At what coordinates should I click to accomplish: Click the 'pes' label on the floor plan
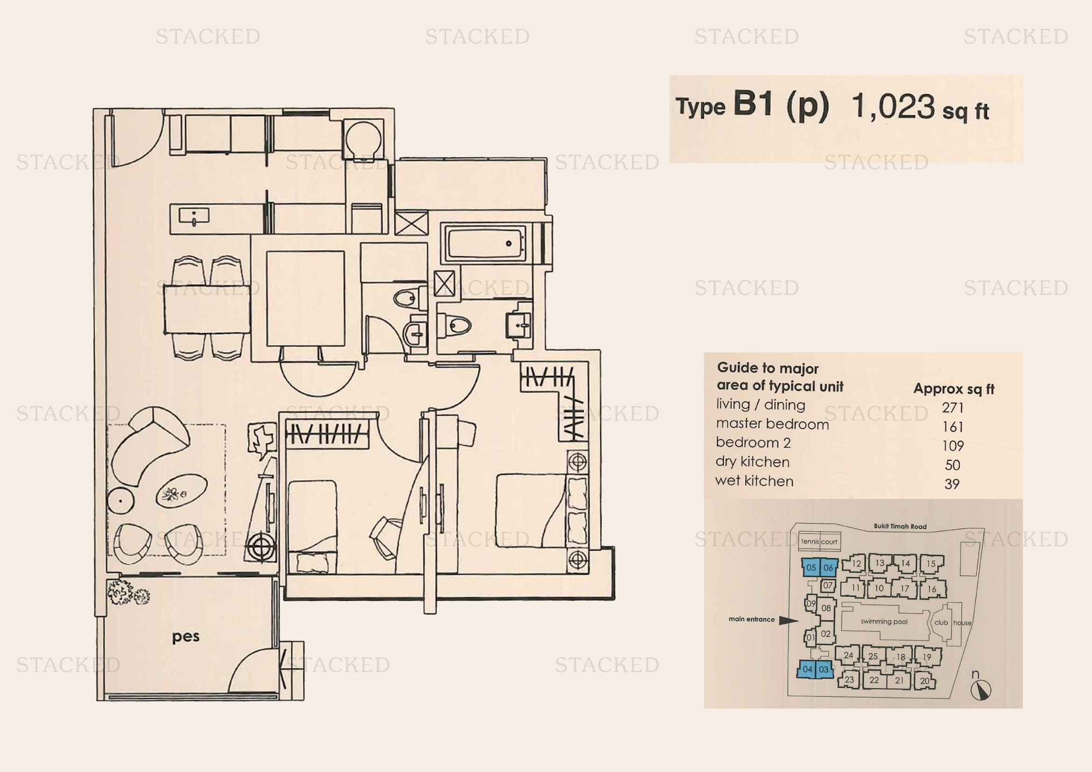coord(185,637)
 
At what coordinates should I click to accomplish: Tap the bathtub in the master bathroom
coord(485,243)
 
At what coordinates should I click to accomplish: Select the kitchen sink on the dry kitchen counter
coord(194,217)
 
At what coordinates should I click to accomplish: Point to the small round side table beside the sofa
coord(120,501)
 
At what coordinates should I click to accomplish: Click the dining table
coord(207,309)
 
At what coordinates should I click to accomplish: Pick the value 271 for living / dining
coord(953,408)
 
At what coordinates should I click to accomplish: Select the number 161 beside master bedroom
coord(953,427)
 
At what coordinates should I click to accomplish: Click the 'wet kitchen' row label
coord(754,481)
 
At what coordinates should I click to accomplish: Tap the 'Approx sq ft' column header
coord(954,389)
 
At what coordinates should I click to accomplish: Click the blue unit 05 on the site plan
coord(811,568)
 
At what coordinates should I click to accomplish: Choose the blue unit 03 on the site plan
coord(824,669)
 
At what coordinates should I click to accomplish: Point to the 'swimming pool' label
coord(884,622)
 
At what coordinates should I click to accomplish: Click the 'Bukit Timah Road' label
coord(900,526)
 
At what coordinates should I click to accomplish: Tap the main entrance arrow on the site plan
coord(789,620)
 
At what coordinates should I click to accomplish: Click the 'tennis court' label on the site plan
coord(819,541)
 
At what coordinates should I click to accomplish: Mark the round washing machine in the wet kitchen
coord(363,139)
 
